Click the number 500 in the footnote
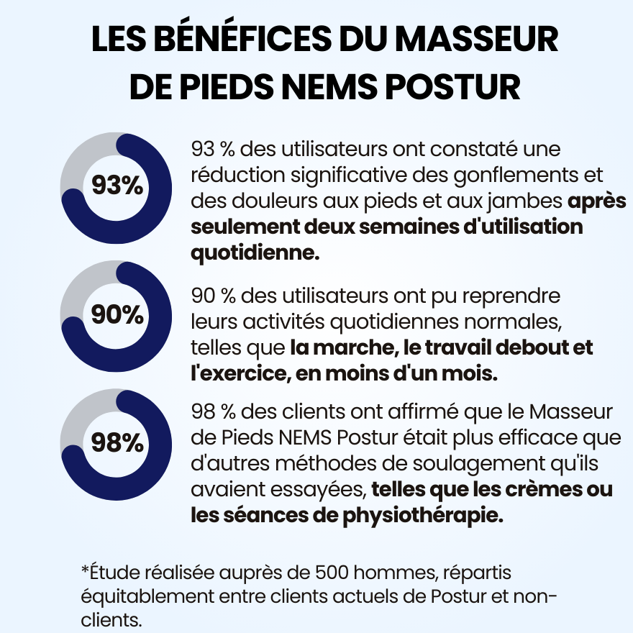[336, 572]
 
